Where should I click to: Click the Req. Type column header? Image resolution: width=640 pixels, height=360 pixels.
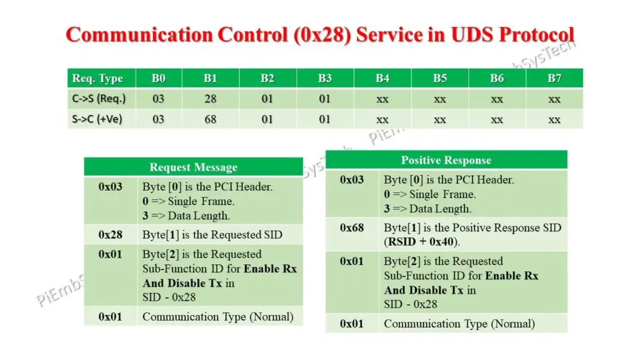click(x=97, y=78)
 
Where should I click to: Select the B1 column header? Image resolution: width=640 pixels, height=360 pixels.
click(x=210, y=78)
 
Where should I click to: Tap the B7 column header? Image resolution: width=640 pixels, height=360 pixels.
click(x=554, y=78)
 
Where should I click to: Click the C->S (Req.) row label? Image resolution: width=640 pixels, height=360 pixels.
click(x=98, y=99)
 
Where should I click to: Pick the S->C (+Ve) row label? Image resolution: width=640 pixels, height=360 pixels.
click(x=96, y=119)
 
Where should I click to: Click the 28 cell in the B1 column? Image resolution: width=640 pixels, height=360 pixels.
click(x=210, y=99)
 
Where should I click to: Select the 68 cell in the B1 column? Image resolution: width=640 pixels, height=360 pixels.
click(x=210, y=119)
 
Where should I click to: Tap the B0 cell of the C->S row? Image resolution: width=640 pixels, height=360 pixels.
click(x=158, y=99)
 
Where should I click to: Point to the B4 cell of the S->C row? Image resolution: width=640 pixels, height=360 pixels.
click(x=382, y=119)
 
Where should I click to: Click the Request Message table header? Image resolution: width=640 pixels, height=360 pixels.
click(x=193, y=167)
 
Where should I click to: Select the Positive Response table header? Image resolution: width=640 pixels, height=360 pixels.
click(x=446, y=161)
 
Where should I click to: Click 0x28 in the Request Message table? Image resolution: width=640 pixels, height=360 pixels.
click(x=110, y=235)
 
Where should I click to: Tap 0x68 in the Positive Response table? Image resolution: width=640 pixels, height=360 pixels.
click(x=352, y=227)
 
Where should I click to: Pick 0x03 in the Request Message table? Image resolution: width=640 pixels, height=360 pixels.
click(x=110, y=186)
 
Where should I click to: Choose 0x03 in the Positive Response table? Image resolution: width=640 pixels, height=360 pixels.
click(x=352, y=180)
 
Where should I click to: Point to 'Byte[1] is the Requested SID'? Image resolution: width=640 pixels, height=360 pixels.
click(x=212, y=235)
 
